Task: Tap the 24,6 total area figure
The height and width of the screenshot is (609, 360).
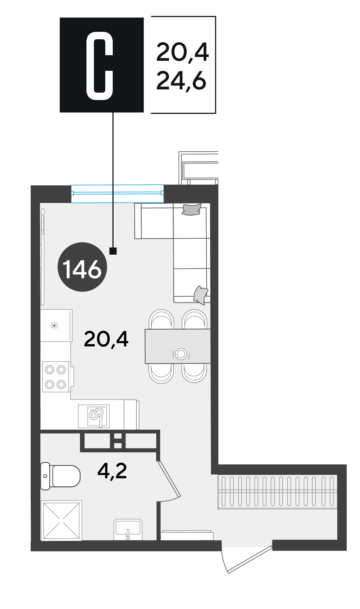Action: tap(181, 81)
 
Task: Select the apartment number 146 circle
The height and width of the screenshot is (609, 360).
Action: tap(82, 267)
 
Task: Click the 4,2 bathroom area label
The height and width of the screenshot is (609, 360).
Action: tap(112, 471)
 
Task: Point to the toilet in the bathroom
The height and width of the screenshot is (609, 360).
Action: tap(60, 476)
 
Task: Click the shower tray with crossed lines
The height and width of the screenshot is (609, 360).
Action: tap(61, 520)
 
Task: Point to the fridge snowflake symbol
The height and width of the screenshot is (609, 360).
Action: tap(55, 326)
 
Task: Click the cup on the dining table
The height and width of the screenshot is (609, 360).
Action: tap(181, 353)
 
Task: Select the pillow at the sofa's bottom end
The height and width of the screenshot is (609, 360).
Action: tap(201, 295)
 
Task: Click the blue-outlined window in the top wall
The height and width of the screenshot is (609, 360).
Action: tap(117, 194)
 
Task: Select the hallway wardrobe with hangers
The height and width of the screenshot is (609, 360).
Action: tap(277, 492)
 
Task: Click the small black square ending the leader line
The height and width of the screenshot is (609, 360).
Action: tap(113, 251)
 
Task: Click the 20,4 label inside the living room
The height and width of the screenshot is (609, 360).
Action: tap(106, 339)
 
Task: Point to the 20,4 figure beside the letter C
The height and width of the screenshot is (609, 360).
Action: tap(182, 53)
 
